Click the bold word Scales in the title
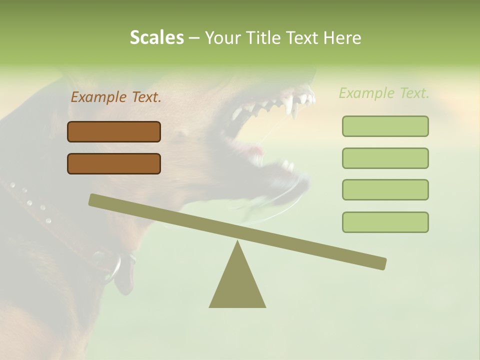[x=156, y=37]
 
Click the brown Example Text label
[x=116, y=97]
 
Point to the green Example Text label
[x=384, y=93]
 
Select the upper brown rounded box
[x=114, y=131]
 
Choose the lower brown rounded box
[x=114, y=163]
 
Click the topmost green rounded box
[x=385, y=126]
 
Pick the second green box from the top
[x=385, y=158]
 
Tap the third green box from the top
[x=385, y=189]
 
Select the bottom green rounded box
[x=385, y=222]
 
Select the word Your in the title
[x=223, y=38]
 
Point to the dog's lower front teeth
[x=288, y=165]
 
